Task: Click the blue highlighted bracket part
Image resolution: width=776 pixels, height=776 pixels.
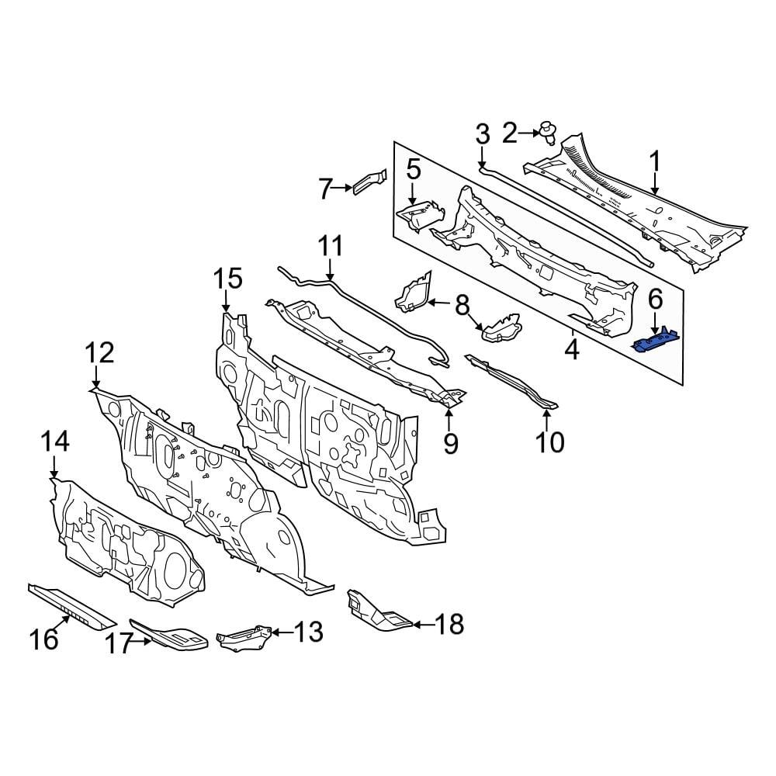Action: [x=656, y=341]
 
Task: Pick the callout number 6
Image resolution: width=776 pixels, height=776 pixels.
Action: [x=656, y=297]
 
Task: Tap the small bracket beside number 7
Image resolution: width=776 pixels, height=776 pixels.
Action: [x=370, y=179]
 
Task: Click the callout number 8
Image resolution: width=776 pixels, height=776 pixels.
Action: [x=462, y=306]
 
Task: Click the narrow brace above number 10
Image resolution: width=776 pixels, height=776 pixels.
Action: [x=511, y=380]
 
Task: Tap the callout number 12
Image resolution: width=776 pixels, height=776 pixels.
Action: [x=100, y=353]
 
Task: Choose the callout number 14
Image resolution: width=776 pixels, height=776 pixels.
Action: [x=55, y=442]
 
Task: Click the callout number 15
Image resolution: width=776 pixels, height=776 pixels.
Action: [x=229, y=279]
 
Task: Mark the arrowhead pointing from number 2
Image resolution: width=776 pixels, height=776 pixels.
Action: [x=537, y=133]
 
